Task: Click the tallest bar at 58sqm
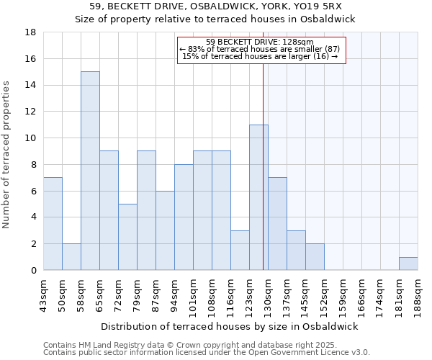90,171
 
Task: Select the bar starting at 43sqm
53,223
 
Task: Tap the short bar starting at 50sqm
71,256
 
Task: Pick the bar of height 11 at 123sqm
258,197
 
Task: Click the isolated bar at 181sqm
408,264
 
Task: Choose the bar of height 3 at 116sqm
240,250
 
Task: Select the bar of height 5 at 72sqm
127,237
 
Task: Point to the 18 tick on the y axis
31,32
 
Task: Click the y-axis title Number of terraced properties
6,155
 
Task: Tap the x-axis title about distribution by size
230,326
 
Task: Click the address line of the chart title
215,6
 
